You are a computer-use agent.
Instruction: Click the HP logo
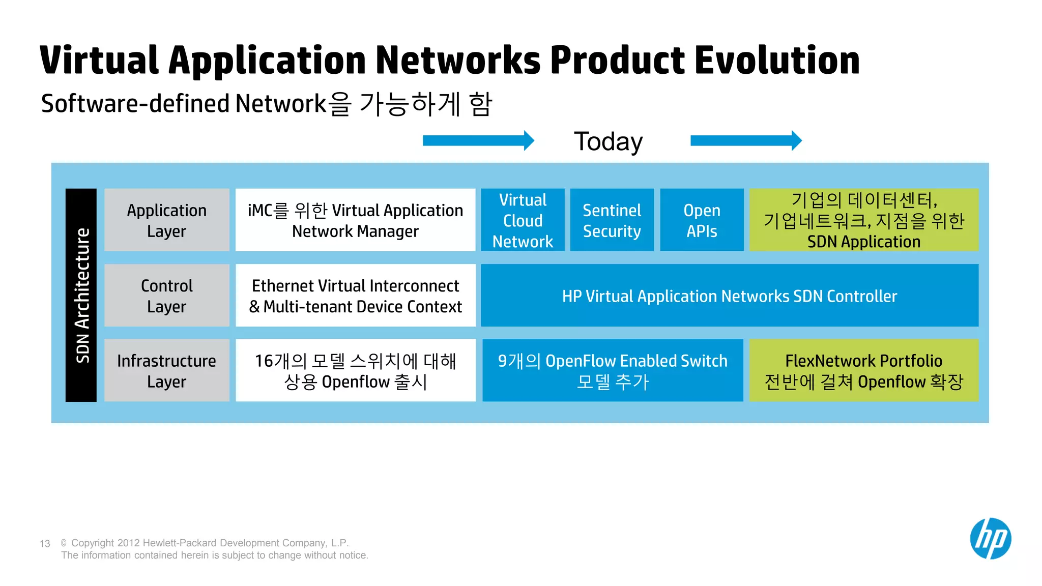point(990,539)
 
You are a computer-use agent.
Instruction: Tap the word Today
point(608,141)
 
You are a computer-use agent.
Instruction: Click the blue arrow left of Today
point(478,141)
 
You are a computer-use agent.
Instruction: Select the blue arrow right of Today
point(745,141)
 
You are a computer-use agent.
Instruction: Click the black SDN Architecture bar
point(81,295)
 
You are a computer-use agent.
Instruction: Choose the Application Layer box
point(167,220)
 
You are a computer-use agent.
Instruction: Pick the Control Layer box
point(167,295)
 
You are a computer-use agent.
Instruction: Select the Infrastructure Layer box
point(167,370)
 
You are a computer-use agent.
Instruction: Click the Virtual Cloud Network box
point(523,220)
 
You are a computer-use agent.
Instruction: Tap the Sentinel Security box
point(612,220)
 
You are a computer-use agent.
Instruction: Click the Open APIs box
point(702,220)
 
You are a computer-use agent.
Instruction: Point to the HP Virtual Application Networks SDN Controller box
point(729,296)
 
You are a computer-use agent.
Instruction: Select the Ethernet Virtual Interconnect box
point(355,295)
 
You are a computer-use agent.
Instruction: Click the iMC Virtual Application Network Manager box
point(355,220)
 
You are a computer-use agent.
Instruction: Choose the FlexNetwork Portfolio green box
point(863,370)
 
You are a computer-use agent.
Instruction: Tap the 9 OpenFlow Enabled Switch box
point(613,370)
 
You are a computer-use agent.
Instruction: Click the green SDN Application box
point(863,220)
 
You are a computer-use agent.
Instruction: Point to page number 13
point(45,544)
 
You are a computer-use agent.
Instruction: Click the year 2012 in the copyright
point(129,543)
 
